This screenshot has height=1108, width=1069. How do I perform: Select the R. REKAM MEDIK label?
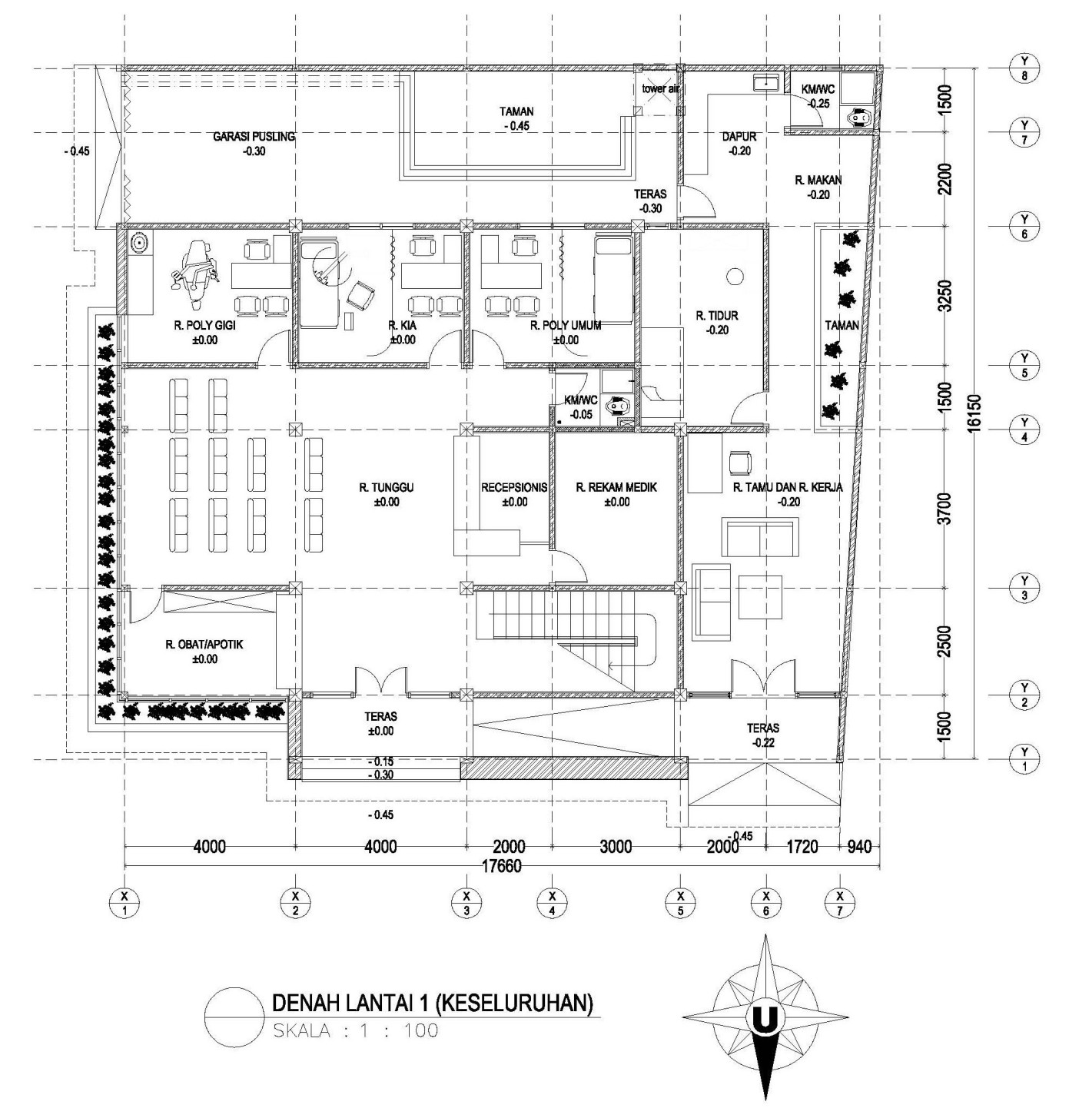tap(616, 487)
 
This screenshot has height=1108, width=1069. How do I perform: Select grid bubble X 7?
tap(839, 902)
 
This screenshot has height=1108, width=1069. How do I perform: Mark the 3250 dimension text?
tap(945, 296)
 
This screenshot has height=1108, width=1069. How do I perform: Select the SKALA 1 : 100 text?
tap(355, 1030)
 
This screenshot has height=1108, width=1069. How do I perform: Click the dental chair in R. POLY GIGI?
tap(196, 267)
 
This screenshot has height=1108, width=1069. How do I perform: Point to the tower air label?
tap(660, 89)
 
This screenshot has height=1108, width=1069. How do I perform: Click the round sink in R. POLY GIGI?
tap(139, 243)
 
